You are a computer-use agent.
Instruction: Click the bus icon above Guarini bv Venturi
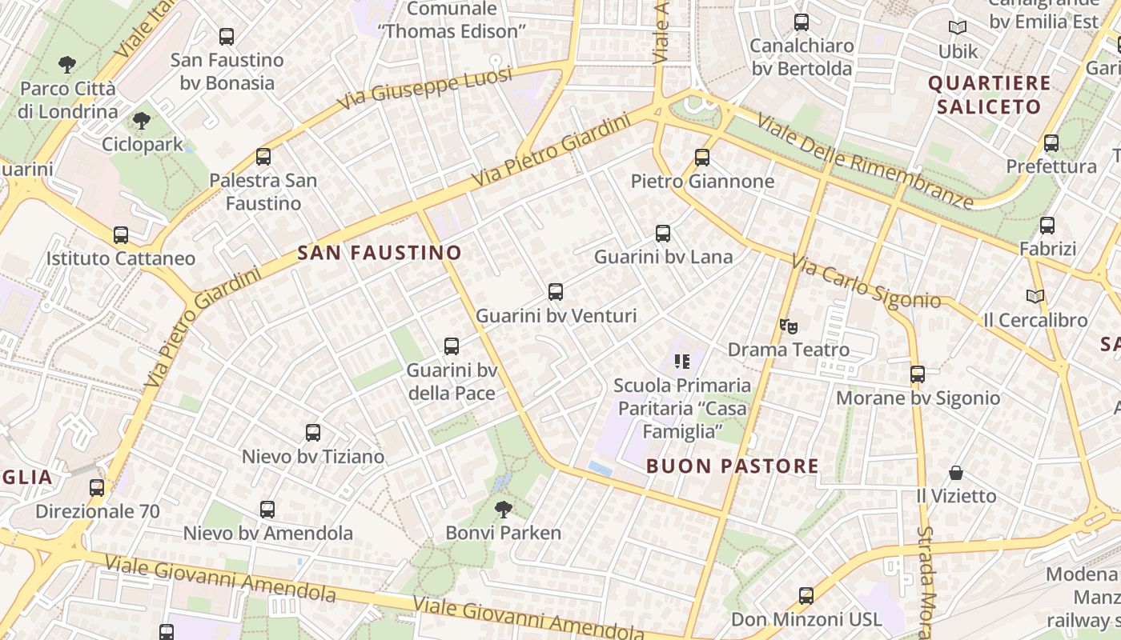tap(556, 292)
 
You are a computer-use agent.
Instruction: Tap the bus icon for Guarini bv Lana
tap(663, 234)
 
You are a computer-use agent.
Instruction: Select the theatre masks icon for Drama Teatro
tap(789, 326)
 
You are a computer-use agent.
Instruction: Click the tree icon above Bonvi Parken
tap(504, 509)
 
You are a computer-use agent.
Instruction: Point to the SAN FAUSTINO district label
tap(380, 254)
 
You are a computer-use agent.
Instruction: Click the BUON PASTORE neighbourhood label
tap(732, 466)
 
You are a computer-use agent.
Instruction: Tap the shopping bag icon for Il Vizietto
tap(956, 472)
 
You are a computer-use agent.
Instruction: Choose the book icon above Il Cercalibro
tap(1035, 296)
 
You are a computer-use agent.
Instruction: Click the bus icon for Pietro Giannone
tap(702, 158)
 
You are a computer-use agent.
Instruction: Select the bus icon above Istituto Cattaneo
tap(121, 235)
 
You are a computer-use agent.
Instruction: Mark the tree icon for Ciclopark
tap(142, 121)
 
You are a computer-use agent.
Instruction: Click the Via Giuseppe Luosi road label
tap(424, 89)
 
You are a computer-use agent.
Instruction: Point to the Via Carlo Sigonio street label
tap(866, 282)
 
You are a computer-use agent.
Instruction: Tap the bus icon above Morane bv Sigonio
tap(918, 374)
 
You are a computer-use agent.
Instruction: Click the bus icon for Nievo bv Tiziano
tap(313, 433)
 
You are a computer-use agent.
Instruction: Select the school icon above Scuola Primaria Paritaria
tap(682, 362)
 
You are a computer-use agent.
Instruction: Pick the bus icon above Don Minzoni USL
tap(806, 596)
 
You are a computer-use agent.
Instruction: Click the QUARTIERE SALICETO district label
tap(990, 95)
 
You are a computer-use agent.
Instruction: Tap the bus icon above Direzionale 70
tap(97, 487)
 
